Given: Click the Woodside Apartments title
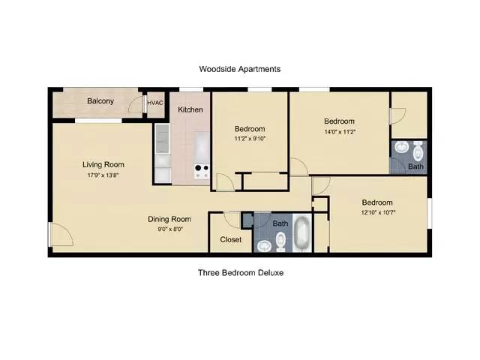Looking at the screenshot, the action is (240, 69).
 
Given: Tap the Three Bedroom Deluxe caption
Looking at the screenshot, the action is (241, 273).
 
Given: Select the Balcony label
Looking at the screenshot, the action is (100, 101).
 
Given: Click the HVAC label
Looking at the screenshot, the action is (155, 103).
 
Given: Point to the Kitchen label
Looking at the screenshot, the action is (190, 109).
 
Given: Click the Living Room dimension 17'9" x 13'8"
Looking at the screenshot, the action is (103, 175).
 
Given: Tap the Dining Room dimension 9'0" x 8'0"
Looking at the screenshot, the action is (170, 229).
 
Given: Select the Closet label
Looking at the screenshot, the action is (231, 240).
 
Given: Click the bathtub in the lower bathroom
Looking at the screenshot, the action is (302, 233).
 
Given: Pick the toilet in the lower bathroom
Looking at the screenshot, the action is (280, 241).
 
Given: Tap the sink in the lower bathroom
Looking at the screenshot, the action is (264, 246).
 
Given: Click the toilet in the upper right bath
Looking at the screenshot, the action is (418, 151).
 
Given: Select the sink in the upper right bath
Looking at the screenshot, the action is (401, 147).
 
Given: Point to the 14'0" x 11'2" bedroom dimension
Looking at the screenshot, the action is (340, 132).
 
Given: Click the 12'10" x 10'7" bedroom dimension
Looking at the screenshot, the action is (378, 212).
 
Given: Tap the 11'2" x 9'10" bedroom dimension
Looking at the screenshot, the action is (250, 139).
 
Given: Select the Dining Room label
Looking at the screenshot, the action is (169, 219).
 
